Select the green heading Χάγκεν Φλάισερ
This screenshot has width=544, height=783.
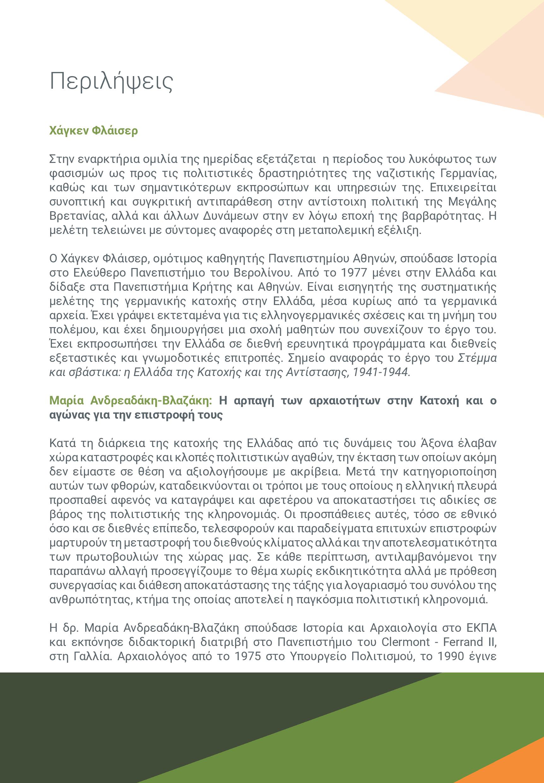(93, 131)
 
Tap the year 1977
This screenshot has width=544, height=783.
(354, 273)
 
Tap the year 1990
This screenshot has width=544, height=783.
(451, 656)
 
